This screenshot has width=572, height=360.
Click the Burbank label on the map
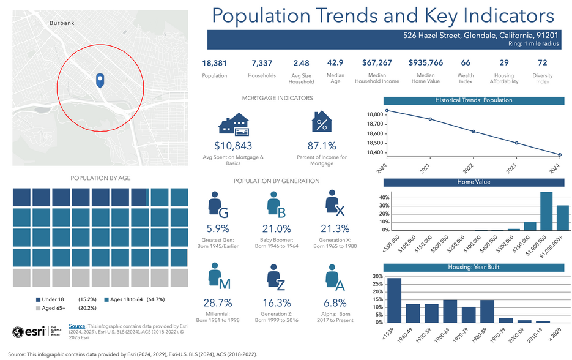61,23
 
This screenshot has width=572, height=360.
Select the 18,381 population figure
214,63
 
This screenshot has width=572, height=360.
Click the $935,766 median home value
425,63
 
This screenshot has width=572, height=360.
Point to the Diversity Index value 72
542,63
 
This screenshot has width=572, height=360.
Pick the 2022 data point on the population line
474,132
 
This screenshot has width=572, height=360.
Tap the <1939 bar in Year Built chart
395,300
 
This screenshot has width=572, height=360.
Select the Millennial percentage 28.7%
217,303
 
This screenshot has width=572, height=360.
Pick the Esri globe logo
19,332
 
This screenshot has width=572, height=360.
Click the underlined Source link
77,326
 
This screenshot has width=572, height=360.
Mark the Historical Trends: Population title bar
474,100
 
